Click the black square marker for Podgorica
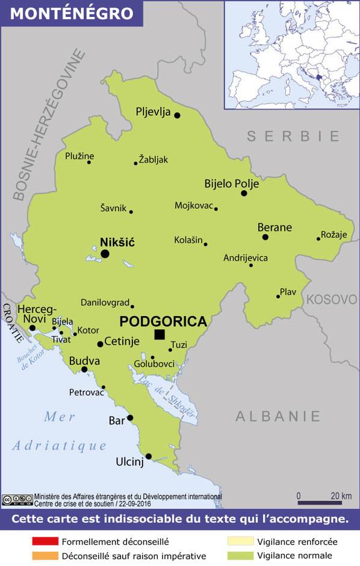point(160,334)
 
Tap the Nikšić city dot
point(105,254)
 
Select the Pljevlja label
point(154,112)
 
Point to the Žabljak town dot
point(135,163)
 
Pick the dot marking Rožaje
point(318,239)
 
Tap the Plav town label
point(288,292)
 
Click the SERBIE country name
point(293,136)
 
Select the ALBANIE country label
point(278,415)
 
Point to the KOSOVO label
point(332,299)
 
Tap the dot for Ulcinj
point(149,456)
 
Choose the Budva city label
point(84,361)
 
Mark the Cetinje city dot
point(101,344)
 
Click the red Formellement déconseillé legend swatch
point(45,542)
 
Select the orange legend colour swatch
point(45,556)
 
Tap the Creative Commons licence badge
point(17,499)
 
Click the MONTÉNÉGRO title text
point(72,13)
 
